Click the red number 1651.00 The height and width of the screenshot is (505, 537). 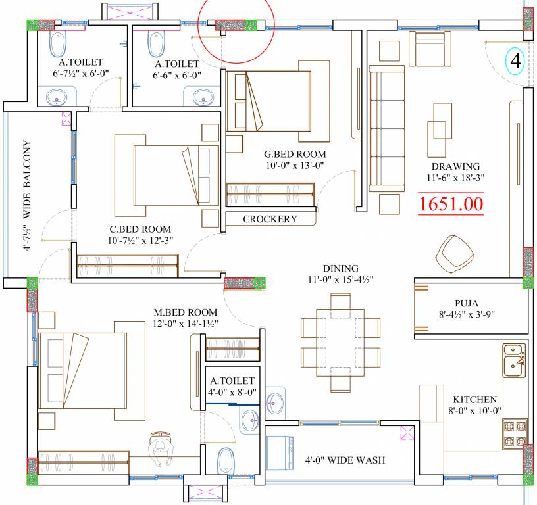coord(451,203)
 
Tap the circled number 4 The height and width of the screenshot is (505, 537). coord(515,62)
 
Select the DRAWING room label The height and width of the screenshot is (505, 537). coord(455,166)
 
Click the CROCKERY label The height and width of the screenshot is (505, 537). coord(270,219)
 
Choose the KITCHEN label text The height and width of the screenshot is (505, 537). coord(474,399)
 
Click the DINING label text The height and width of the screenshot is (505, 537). coord(340,268)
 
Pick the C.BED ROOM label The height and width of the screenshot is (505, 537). coord(141,229)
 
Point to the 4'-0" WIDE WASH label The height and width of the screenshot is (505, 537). coord(344,460)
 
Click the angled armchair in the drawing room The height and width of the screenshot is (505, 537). coord(454,253)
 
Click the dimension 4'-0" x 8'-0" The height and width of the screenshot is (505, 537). coord(232,392)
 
